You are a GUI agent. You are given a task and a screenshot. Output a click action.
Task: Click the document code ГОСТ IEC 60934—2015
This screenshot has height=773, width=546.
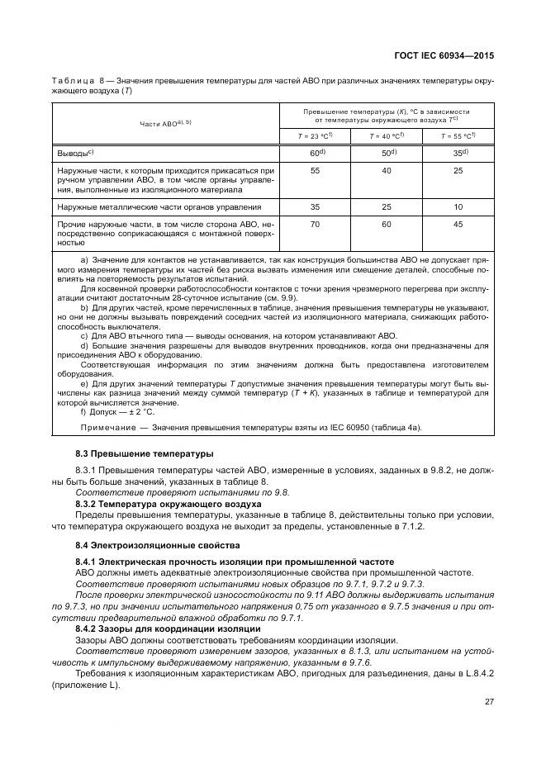point(446,55)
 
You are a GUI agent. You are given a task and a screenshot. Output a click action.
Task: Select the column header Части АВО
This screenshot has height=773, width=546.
point(165,122)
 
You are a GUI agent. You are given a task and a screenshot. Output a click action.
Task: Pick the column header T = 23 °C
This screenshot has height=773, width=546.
point(316,135)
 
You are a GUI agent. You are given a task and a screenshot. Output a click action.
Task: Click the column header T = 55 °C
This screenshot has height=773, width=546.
point(458,135)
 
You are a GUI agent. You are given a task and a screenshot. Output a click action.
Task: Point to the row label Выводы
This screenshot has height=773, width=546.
point(75,153)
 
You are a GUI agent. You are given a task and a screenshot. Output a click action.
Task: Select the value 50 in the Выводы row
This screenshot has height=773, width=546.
point(387,153)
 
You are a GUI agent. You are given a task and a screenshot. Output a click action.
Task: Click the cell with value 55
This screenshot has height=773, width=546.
point(315,169)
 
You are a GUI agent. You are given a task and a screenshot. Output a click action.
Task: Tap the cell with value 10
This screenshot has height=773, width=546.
point(458,206)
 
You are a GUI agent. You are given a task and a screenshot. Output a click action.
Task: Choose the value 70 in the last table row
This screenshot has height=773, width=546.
point(315,224)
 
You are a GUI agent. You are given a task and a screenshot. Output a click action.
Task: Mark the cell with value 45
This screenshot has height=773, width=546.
point(458,224)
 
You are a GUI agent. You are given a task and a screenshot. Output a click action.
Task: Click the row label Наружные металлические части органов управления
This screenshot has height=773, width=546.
point(159,207)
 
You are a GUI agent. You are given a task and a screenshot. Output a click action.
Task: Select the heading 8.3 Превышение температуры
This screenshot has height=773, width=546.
point(132,453)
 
